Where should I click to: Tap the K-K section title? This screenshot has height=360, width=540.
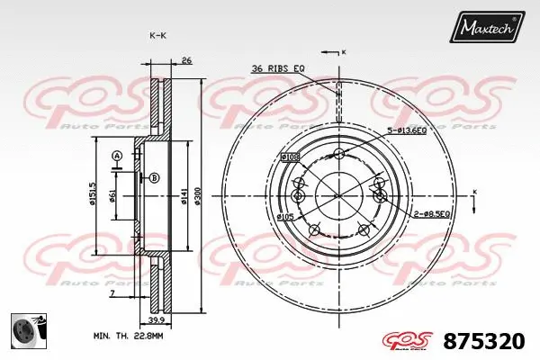point(157,35)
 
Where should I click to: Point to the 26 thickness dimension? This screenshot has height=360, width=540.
point(186,61)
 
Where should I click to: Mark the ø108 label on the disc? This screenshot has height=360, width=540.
point(290,157)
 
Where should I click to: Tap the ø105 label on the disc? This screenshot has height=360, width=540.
point(287,217)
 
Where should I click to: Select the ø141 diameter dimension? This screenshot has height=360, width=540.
point(184,194)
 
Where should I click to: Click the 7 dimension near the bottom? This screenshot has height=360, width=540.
point(112,293)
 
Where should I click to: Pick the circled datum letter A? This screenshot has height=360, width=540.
point(116,157)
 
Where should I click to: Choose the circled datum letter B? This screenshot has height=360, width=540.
point(154,177)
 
